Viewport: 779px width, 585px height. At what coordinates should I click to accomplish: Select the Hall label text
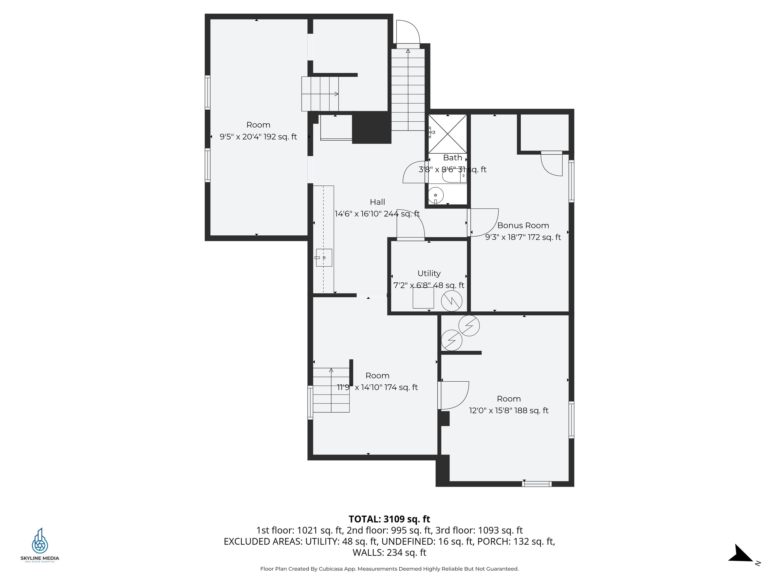(x=377, y=202)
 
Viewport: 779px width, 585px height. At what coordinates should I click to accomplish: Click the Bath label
(x=453, y=158)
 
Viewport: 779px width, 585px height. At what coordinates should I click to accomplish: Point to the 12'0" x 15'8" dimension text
(x=508, y=411)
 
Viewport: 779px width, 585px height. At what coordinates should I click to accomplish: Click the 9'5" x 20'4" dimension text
(x=258, y=137)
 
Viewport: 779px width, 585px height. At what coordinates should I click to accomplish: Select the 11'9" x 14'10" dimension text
(x=377, y=387)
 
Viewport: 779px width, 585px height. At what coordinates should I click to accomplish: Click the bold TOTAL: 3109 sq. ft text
(x=389, y=519)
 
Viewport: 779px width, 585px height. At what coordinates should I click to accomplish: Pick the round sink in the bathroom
(x=436, y=195)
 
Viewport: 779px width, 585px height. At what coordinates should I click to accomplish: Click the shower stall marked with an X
(x=448, y=134)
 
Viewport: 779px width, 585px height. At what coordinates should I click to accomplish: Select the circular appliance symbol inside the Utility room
(x=451, y=301)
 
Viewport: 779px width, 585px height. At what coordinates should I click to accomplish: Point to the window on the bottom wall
(x=537, y=484)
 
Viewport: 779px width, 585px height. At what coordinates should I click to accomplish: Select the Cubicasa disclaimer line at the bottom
(x=389, y=569)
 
